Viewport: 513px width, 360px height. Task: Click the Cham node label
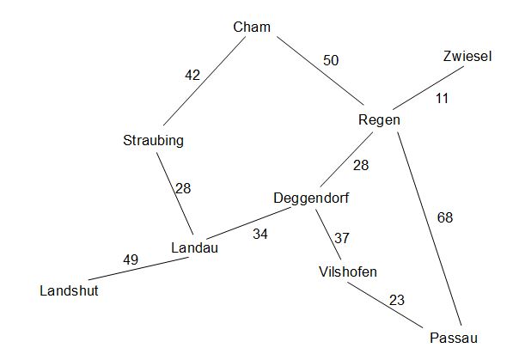(x=252, y=27)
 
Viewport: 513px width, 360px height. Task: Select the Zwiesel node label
(x=467, y=57)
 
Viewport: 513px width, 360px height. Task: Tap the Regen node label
(x=379, y=120)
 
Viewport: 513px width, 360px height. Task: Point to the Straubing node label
(x=153, y=141)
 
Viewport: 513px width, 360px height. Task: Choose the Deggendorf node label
(x=311, y=198)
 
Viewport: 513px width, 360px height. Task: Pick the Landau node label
(x=194, y=247)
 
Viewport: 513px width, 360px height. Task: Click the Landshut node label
(x=69, y=290)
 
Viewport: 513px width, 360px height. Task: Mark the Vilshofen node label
(x=348, y=272)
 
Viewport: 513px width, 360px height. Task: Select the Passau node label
(x=454, y=338)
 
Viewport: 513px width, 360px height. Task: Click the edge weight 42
(x=192, y=76)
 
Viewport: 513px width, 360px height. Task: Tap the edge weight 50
(x=331, y=60)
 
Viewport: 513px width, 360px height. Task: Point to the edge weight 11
(x=442, y=98)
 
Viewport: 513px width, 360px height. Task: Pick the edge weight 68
(x=445, y=217)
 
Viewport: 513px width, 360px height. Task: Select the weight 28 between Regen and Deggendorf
(x=361, y=165)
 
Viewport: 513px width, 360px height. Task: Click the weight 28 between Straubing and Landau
(x=183, y=188)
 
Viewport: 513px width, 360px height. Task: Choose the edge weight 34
(x=260, y=234)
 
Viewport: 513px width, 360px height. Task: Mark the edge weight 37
(x=342, y=238)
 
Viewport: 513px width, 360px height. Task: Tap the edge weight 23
(x=397, y=300)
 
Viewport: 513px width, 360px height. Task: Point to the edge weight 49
(x=131, y=259)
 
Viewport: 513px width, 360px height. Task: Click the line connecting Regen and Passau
(x=430, y=229)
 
